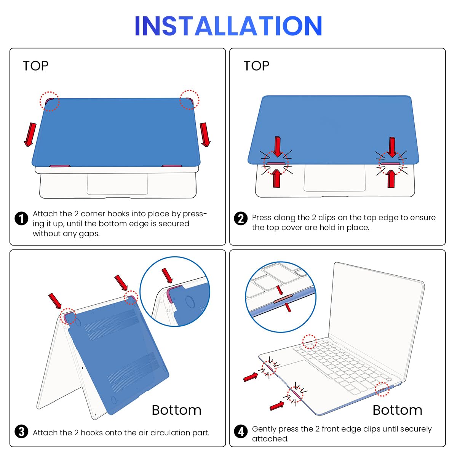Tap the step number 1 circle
click(x=21, y=219)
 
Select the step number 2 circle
click(x=241, y=219)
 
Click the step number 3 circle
click(x=21, y=431)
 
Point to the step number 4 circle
click(x=241, y=431)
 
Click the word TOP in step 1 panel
click(x=35, y=66)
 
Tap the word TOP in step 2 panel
click(x=256, y=66)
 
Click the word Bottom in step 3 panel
click(x=176, y=410)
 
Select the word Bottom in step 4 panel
click(x=397, y=410)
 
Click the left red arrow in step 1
click(x=30, y=134)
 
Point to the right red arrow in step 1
click(x=205, y=134)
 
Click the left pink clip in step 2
click(x=275, y=163)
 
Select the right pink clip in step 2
click(x=390, y=163)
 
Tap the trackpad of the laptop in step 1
click(x=117, y=184)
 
